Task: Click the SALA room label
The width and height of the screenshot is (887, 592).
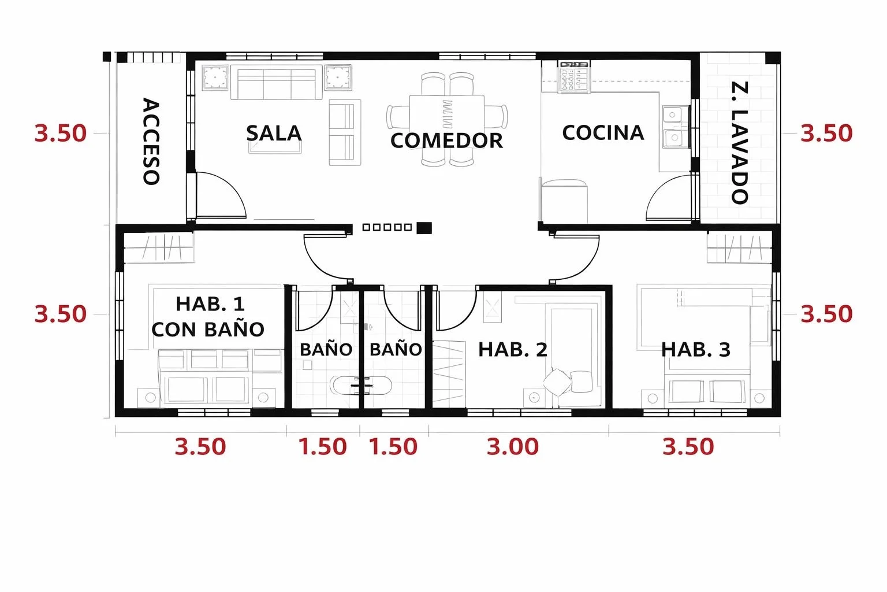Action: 274,133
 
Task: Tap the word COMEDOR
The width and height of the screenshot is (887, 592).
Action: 446,140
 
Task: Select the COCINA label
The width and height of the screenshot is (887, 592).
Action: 603,132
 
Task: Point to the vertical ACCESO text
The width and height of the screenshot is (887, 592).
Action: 151,141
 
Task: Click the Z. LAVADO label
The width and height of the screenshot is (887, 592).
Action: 739,143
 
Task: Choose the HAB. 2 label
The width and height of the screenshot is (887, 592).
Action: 513,349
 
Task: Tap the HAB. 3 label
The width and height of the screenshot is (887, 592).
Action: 696,349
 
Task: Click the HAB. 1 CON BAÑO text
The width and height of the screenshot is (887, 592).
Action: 208,316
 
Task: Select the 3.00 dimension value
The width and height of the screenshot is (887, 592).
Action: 512,446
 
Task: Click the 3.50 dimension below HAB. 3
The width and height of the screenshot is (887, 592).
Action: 688,446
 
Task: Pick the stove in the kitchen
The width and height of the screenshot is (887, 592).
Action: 574,77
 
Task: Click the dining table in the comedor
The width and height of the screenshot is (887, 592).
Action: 446,118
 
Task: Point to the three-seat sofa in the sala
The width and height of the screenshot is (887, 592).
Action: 277,82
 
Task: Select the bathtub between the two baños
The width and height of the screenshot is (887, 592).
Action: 361,385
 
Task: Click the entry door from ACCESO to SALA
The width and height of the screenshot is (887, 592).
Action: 220,196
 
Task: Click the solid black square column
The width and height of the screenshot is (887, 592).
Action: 424,228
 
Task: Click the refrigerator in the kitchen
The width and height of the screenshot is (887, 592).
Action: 564,201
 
